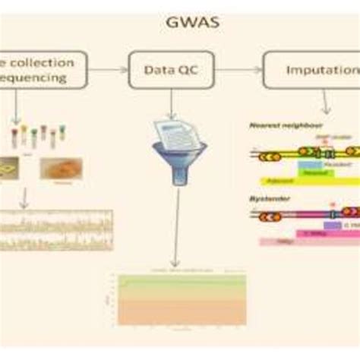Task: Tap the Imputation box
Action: point(311,70)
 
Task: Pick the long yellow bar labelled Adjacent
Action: point(304,182)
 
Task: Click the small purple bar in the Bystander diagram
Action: point(332,225)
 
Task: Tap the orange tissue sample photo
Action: point(61,168)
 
